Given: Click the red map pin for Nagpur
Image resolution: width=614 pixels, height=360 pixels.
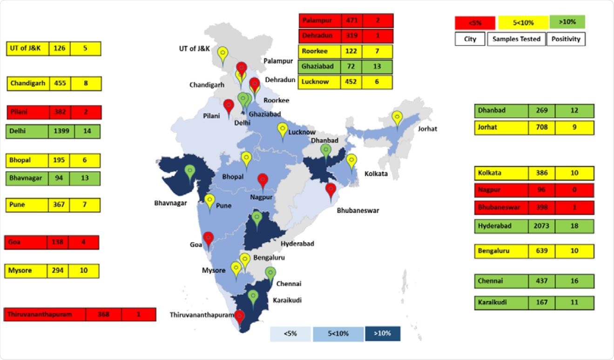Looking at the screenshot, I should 263,180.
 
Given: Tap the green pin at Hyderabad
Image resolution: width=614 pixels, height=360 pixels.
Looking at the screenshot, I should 256,217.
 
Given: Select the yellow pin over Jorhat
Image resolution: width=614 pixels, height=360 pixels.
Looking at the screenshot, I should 397,118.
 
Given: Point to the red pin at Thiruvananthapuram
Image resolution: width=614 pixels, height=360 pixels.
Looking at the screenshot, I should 240,317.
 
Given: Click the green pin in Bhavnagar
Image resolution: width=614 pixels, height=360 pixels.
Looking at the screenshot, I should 190,171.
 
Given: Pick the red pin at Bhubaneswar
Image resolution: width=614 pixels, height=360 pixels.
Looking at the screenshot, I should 331,190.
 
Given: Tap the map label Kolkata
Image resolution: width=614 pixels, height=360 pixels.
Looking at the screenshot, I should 376,175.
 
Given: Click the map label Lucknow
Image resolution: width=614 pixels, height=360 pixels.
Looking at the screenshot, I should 302,132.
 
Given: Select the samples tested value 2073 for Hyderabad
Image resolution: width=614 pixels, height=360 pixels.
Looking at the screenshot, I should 542,226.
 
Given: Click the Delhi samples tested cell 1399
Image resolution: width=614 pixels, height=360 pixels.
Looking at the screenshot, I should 61,131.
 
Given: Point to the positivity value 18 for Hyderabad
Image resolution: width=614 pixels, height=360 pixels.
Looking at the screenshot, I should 574,226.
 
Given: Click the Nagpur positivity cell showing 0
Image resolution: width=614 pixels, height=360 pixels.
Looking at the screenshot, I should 574,190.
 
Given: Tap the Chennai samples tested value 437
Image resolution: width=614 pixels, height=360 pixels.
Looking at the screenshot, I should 542,281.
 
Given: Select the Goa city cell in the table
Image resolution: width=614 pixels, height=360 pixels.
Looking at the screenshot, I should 26,243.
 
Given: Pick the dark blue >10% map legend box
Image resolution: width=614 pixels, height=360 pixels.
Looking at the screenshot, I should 383,333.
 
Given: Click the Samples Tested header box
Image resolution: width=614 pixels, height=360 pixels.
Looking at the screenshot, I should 516,39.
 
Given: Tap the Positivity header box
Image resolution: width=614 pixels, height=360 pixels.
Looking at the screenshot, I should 566,39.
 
